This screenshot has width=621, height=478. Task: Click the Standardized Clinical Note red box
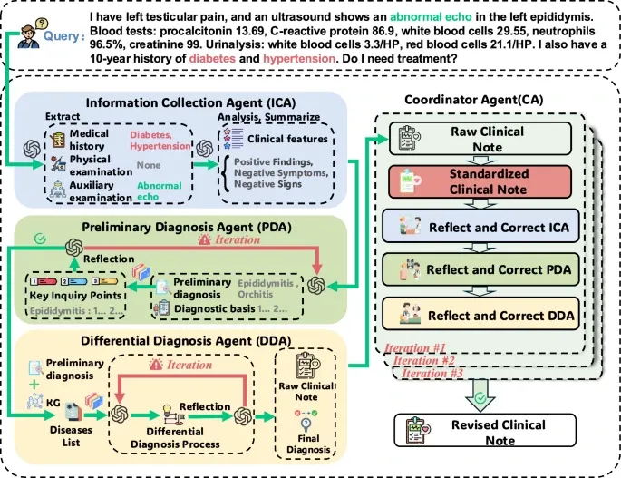tap(480, 181)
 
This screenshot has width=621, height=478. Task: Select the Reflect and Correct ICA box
tap(480, 227)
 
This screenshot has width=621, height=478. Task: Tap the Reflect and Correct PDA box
tap(480, 269)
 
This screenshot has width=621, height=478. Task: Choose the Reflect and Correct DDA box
tap(480, 315)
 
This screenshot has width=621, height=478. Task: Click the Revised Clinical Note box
tap(485, 431)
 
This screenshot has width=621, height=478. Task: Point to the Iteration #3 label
tap(432, 373)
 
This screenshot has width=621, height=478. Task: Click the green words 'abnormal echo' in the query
tap(431, 16)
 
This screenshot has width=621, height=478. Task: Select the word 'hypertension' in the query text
tap(299, 59)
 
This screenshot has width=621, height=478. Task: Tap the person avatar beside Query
tap(31, 34)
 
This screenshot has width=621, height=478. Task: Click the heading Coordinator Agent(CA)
tap(473, 100)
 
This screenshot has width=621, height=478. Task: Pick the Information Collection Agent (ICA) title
tap(191, 102)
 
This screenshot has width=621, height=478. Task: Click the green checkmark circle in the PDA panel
tap(41, 239)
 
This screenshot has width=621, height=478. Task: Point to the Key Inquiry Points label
tap(75, 296)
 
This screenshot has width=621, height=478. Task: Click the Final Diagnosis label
tap(308, 444)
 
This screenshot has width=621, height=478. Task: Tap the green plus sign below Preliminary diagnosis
tap(34, 384)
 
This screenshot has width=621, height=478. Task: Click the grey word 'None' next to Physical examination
tap(149, 165)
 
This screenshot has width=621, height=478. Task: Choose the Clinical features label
tap(287, 139)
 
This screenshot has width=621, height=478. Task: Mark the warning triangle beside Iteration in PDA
tap(204, 239)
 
